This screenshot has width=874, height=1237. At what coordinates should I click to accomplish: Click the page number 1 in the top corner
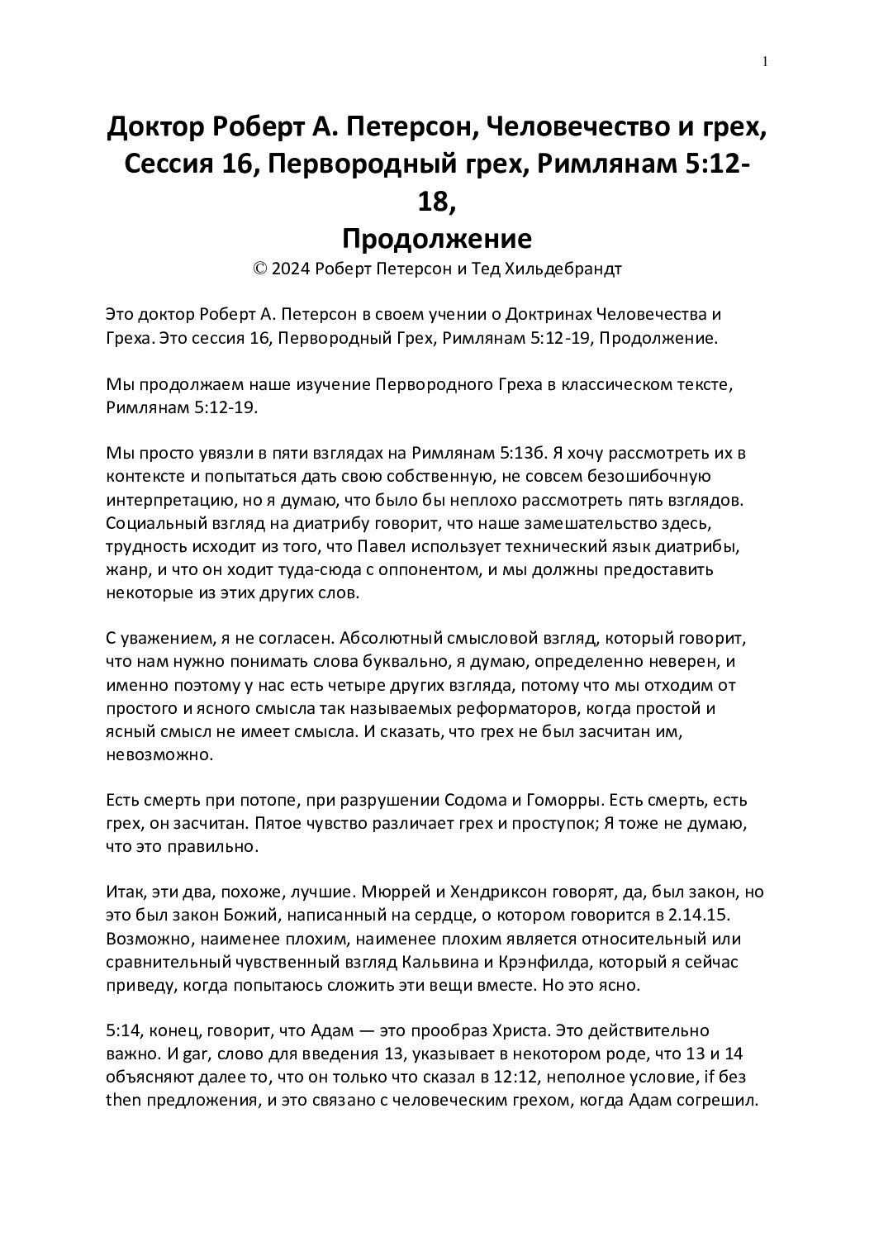tap(766, 61)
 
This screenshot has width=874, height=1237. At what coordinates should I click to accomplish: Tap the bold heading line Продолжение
tap(436, 239)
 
